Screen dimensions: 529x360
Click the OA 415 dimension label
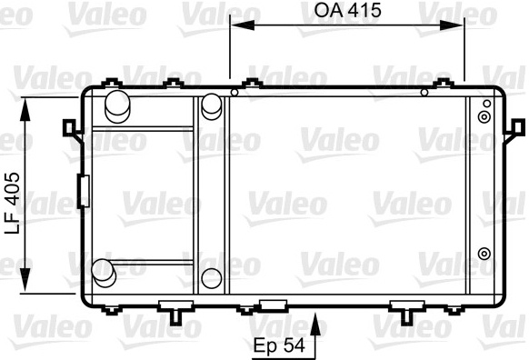[347, 11]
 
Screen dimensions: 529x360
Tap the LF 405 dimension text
[13, 203]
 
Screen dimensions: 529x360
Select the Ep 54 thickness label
[279, 345]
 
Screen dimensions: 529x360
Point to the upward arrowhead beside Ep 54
[315, 325]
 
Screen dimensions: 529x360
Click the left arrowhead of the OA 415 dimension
[243, 25]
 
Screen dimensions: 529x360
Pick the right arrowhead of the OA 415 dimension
[452, 25]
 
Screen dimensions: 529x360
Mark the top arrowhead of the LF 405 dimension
[25, 109]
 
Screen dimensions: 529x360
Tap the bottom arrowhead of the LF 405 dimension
[25, 280]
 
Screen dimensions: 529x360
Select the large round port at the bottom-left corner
[104, 273]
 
